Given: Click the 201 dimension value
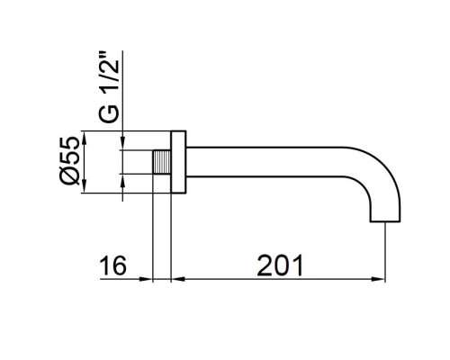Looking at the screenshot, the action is coord(280,265).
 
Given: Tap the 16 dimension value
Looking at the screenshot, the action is coord(112,265).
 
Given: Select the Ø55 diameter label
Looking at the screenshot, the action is coord(70,161).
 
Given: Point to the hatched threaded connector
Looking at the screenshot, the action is coord(162,162).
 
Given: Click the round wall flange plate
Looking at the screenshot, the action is coord(178,162).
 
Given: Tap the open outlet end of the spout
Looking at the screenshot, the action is coord(385,221).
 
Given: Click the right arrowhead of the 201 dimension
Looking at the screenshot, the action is coord(379,279).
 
